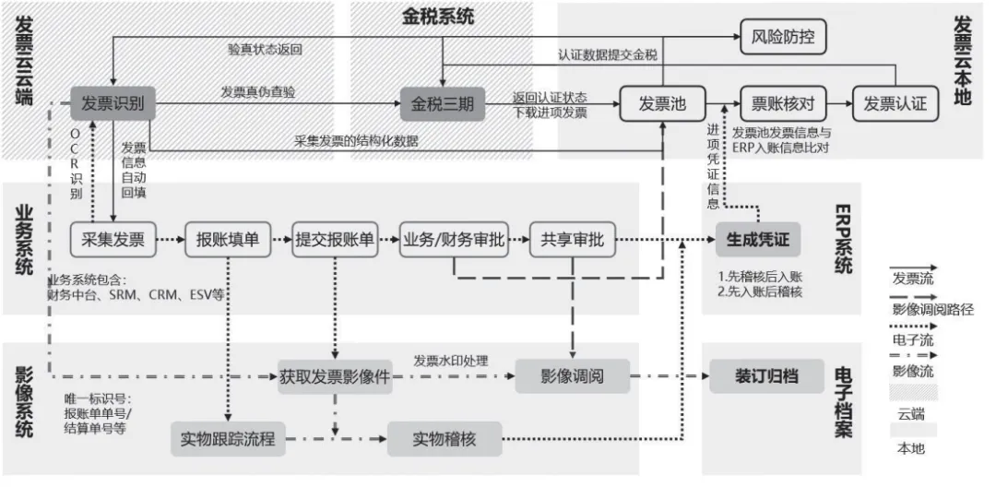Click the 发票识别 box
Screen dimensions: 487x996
pyautogui.click(x=113, y=103)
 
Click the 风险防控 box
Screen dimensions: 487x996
pyautogui.click(x=783, y=38)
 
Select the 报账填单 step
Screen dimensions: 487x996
pyautogui.click(x=227, y=240)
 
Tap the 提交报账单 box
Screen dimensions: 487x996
pyautogui.click(x=334, y=240)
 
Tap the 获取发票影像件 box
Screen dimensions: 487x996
pyautogui.click(x=335, y=376)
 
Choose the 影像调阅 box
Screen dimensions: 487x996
pyautogui.click(x=572, y=376)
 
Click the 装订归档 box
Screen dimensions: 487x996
pyautogui.click(x=765, y=376)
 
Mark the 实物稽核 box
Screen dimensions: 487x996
pyautogui.click(x=444, y=439)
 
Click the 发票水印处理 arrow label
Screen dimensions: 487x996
pyautogui.click(x=450, y=361)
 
